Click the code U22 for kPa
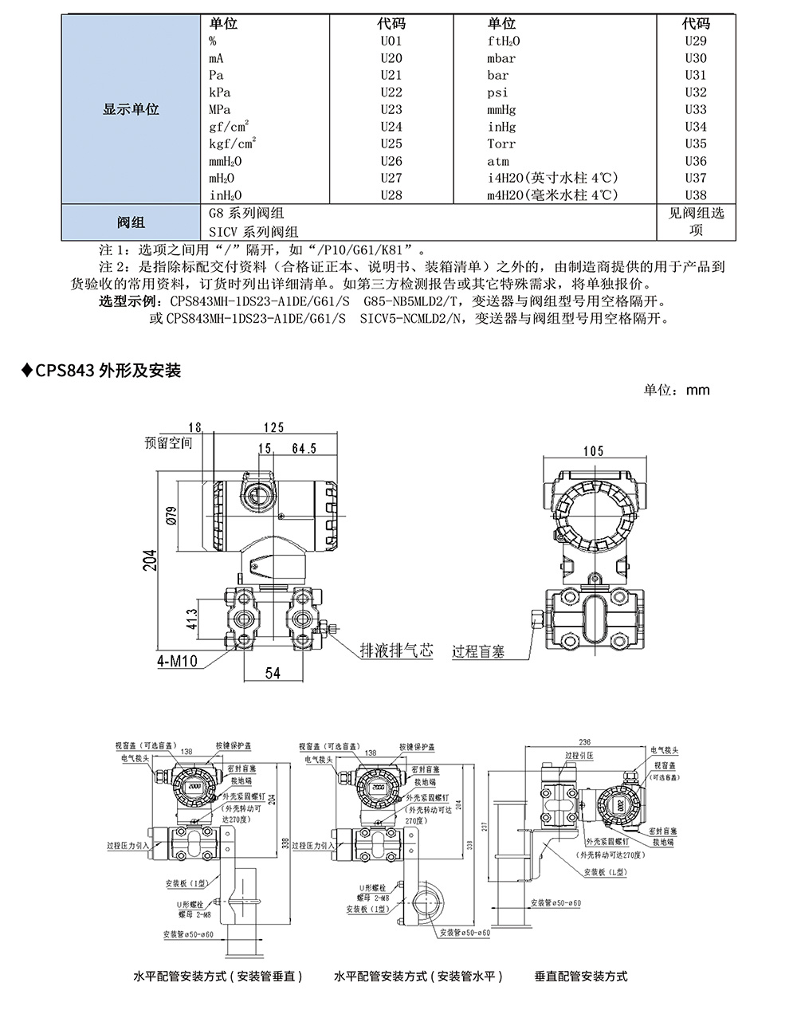[x=391, y=92]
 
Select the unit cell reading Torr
[x=501, y=144]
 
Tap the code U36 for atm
[x=695, y=161]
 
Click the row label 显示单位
[x=132, y=109]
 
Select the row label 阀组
[x=132, y=222]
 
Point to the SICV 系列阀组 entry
[x=253, y=232]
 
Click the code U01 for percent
[x=391, y=41]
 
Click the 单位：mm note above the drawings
[x=677, y=390]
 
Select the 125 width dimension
[x=273, y=429]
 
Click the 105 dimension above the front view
[x=593, y=451]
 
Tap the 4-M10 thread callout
[x=177, y=661]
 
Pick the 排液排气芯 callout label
[x=396, y=650]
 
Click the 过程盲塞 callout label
[x=478, y=652]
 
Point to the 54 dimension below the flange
[x=273, y=673]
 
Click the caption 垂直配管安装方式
[x=580, y=976]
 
